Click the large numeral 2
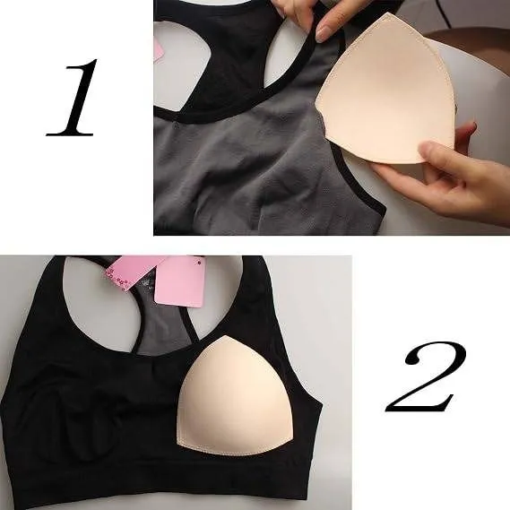(x=425, y=376)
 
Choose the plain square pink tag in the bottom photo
(x=180, y=281)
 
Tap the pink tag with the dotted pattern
(x=136, y=272)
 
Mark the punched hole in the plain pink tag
(x=199, y=261)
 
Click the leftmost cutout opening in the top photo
(x=182, y=65)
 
